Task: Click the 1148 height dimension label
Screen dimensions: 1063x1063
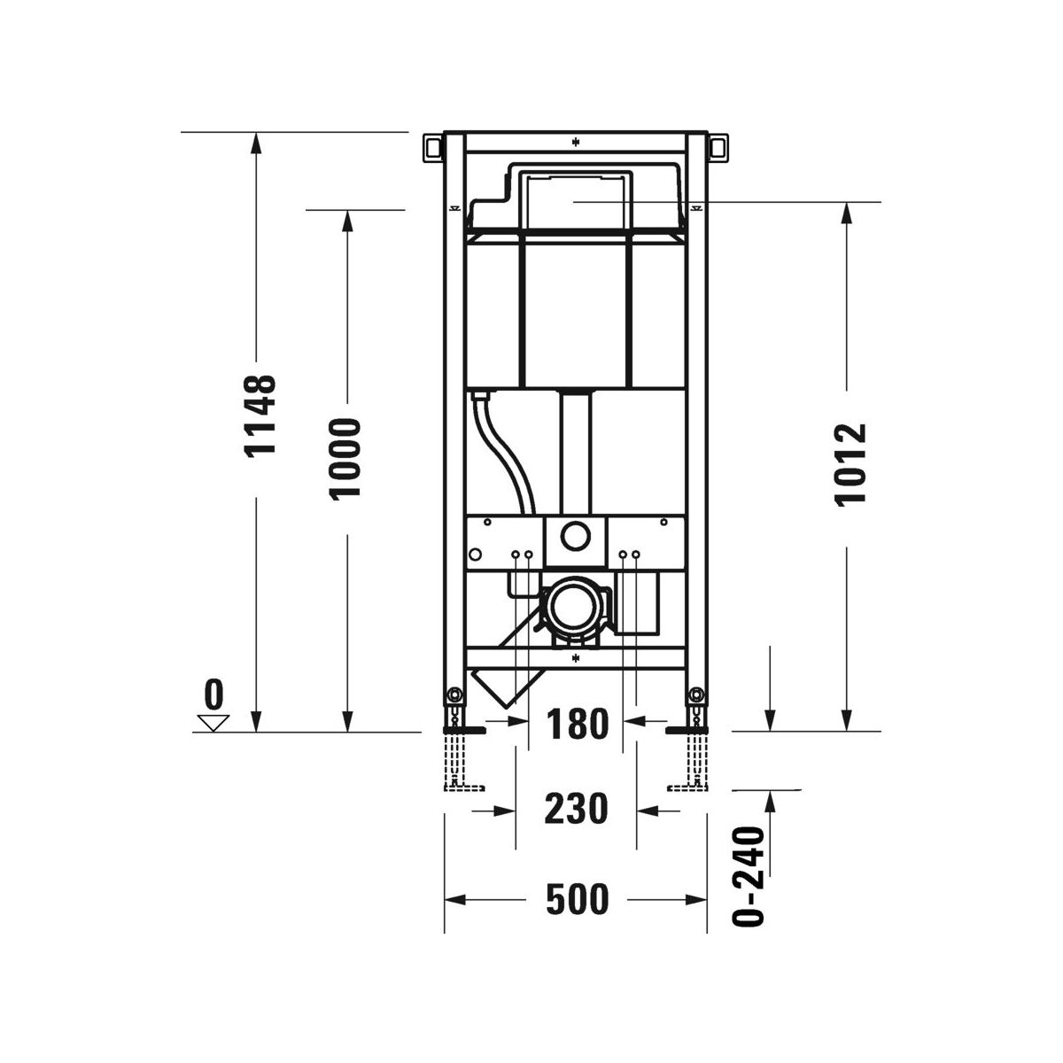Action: [259, 416]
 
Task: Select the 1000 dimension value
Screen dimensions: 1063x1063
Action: [345, 460]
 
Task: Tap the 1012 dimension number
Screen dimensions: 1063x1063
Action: [850, 464]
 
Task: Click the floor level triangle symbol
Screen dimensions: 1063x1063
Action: [213, 723]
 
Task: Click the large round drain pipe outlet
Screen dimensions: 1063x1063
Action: [574, 606]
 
